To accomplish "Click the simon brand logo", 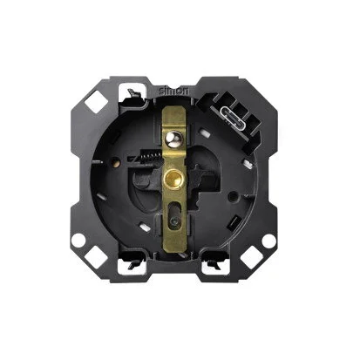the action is [173, 91].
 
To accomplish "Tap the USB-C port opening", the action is [231, 113].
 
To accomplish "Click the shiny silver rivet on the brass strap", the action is [173, 138].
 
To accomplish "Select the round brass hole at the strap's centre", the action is [173, 178].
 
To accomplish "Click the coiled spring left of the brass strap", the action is [150, 158].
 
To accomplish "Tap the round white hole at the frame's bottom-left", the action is [78, 241].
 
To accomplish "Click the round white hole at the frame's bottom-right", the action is [268, 241].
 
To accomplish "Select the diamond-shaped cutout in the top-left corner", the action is [97, 102].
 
